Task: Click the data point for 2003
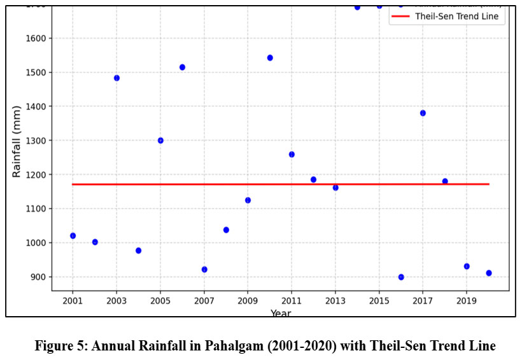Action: point(116,78)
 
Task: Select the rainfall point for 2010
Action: point(270,58)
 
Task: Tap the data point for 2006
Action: point(182,67)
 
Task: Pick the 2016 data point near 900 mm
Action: point(401,277)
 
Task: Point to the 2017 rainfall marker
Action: point(423,113)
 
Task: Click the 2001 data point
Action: point(73,236)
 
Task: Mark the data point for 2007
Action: point(204,270)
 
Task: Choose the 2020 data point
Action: point(489,273)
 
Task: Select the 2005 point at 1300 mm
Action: point(160,141)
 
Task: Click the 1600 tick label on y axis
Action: point(36,39)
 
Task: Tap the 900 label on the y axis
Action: point(38,277)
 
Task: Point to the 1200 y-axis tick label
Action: point(36,175)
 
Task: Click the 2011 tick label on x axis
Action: point(292,300)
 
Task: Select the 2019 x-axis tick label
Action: point(467,300)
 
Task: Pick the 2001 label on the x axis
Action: point(73,300)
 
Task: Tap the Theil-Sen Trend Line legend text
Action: point(456,17)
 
